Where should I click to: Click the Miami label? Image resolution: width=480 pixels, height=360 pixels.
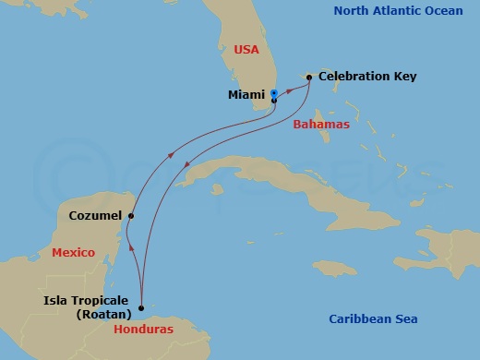(x=246, y=94)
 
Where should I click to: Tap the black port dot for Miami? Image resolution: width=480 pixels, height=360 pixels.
(x=274, y=101)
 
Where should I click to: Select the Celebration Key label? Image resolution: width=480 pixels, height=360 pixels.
(x=363, y=78)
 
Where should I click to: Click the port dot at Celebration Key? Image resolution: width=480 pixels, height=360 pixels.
(x=309, y=78)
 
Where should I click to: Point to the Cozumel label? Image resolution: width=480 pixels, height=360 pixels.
(x=96, y=216)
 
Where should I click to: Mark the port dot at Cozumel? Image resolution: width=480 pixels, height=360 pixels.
(x=131, y=216)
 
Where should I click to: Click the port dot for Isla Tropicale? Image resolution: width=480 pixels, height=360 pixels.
(x=141, y=308)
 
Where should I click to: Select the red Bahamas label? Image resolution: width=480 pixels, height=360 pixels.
(x=321, y=125)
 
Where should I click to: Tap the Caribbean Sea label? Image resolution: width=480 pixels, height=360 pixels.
(x=373, y=319)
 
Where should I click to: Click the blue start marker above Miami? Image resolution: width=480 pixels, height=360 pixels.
(x=274, y=93)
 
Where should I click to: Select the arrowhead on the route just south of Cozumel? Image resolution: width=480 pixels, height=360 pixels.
(x=131, y=249)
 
